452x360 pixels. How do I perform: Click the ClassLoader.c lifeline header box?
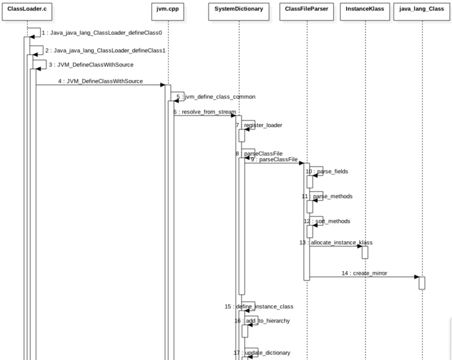click(x=28, y=11)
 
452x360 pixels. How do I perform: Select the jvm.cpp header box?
click(x=168, y=11)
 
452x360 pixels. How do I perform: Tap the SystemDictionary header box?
click(x=238, y=11)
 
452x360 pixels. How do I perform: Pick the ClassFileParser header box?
click(x=307, y=11)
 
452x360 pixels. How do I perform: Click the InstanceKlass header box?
click(x=364, y=11)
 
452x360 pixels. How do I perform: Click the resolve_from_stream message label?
click(x=204, y=112)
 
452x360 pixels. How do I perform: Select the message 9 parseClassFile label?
click(x=274, y=159)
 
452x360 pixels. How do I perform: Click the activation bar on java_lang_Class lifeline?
click(x=422, y=283)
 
